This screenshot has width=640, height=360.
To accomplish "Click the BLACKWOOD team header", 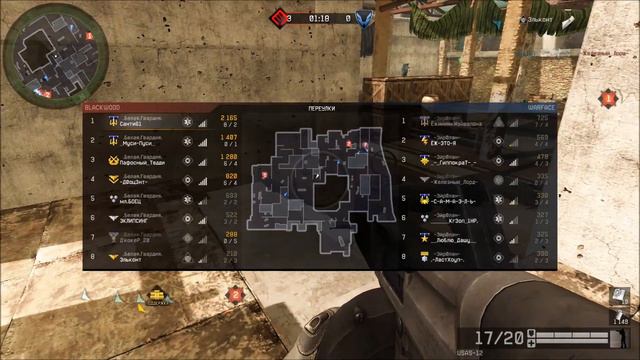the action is (x=101, y=107).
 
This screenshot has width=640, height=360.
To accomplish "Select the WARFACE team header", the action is (x=540, y=107).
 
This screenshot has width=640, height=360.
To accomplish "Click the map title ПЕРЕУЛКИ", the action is (x=320, y=107).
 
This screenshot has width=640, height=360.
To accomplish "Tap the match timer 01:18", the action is (x=320, y=17).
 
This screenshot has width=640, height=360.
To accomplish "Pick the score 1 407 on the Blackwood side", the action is (x=228, y=137).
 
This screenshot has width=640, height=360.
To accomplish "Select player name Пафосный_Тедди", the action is (x=142, y=161).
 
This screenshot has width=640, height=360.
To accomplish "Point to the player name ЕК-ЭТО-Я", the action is (x=448, y=142).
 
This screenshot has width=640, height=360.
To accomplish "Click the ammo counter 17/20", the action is (x=498, y=339).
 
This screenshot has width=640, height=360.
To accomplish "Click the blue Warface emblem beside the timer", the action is (x=366, y=17).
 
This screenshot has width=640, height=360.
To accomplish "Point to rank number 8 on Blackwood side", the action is (x=92, y=258).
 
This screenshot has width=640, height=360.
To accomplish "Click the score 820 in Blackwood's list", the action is (x=230, y=176).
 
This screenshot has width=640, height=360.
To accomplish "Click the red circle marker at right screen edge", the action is (x=607, y=99).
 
